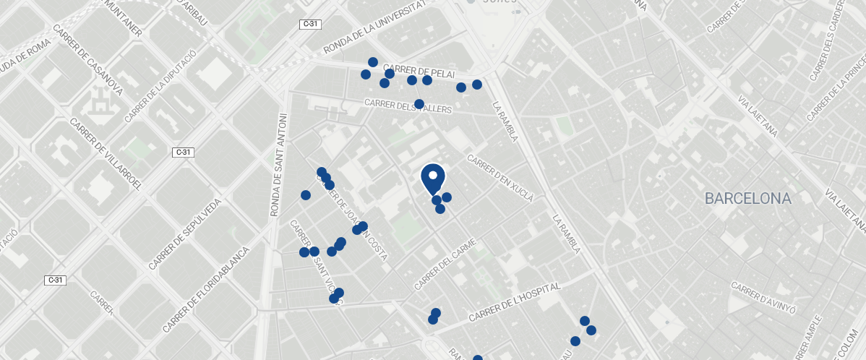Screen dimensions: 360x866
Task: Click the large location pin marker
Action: click(x=432, y=178)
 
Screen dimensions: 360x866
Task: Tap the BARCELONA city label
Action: click(x=748, y=198)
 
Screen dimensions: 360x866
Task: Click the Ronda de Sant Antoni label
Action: click(x=278, y=165)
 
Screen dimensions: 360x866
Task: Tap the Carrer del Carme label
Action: click(x=446, y=265)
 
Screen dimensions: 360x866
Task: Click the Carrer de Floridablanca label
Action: click(x=206, y=289)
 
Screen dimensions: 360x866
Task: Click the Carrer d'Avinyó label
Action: click(x=763, y=298)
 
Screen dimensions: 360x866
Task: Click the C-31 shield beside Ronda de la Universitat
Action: click(x=309, y=25)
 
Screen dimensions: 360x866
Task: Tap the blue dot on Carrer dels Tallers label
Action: click(x=419, y=104)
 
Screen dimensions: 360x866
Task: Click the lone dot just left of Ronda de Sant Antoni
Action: click(x=306, y=195)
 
